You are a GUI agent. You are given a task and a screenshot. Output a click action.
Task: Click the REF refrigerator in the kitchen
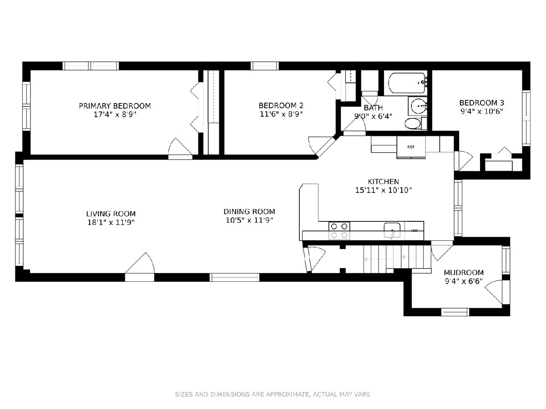pyautogui.click(x=411, y=147)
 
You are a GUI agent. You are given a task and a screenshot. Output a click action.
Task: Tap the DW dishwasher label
pyautogui.click(x=414, y=230)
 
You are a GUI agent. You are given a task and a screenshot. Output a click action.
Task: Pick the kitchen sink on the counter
pyautogui.click(x=392, y=230)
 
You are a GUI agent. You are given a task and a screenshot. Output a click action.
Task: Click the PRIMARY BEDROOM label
pyautogui.click(x=115, y=106)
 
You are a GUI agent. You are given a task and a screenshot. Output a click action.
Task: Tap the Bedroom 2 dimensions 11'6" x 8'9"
pyautogui.click(x=281, y=114)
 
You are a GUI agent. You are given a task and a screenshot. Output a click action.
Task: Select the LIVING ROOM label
pyautogui.click(x=111, y=214)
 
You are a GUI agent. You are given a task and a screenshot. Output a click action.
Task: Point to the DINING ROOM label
pyautogui.click(x=249, y=212)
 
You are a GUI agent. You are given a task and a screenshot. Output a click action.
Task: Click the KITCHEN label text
pyautogui.click(x=383, y=181)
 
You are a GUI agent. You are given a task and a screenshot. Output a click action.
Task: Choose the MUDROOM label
pyautogui.click(x=464, y=272)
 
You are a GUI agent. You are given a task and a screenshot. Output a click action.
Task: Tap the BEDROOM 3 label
pyautogui.click(x=481, y=103)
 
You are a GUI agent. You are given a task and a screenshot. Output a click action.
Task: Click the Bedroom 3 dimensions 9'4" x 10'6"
pyautogui.click(x=482, y=111)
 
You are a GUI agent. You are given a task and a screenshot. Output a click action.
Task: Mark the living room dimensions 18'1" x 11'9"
pyautogui.click(x=111, y=222)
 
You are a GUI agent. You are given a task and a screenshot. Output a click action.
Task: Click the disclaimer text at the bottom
pyautogui.click(x=273, y=394)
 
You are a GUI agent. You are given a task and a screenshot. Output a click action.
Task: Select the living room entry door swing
pyautogui.click(x=140, y=263)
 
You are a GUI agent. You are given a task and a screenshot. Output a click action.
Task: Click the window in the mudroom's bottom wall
pyautogui.click(x=455, y=312)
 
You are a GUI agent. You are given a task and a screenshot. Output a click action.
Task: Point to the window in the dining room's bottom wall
pyautogui.click(x=234, y=277)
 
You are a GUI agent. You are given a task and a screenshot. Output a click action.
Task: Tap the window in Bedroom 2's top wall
pyautogui.click(x=265, y=66)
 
